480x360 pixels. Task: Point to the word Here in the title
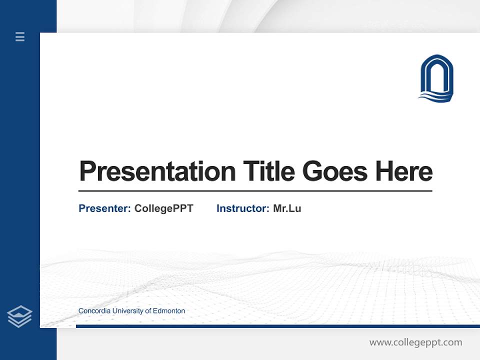click(x=404, y=171)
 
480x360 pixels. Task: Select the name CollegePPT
click(x=163, y=208)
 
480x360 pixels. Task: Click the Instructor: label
click(x=243, y=208)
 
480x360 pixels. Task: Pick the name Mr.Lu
click(x=287, y=208)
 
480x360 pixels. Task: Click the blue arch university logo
click(x=436, y=78)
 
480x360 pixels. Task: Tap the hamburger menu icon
click(x=20, y=36)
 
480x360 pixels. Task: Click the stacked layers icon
click(x=19, y=316)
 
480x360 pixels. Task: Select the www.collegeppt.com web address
click(x=415, y=342)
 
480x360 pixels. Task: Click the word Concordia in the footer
click(x=94, y=311)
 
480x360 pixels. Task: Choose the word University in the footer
click(x=127, y=311)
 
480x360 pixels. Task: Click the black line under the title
click(x=255, y=191)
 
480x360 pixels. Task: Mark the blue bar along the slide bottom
click(x=277, y=326)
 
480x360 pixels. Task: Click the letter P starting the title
click(x=88, y=171)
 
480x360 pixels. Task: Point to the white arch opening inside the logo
click(x=436, y=77)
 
